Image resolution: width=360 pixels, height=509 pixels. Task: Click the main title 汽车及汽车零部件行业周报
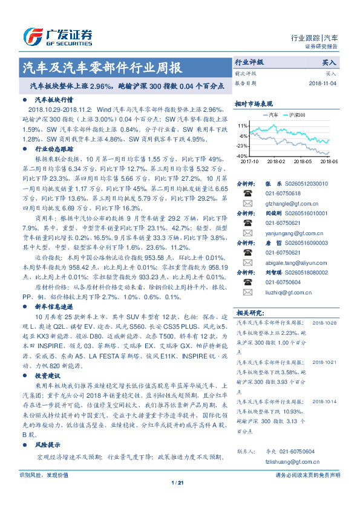pos(101,67)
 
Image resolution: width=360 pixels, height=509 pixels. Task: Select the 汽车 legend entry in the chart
pos(273,114)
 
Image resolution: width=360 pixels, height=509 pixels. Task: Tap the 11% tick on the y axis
pos(242,125)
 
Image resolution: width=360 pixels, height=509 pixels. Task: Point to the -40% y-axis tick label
pos(241,156)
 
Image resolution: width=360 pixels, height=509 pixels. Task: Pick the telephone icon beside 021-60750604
pos(247,282)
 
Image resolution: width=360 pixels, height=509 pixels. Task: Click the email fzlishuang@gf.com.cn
pos(287,461)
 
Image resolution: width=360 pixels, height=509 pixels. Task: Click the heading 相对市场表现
pos(254,103)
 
